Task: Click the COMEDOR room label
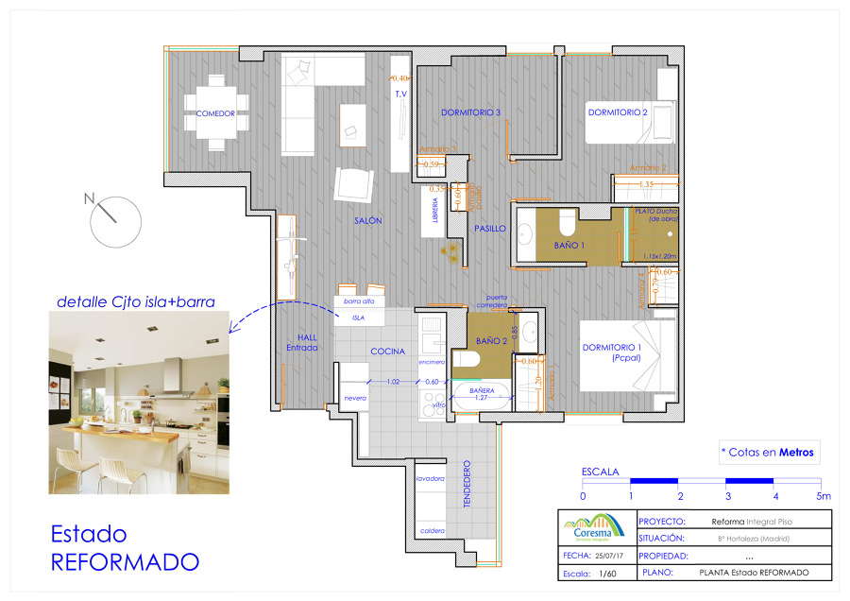coord(215,113)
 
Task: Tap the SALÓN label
coord(367,220)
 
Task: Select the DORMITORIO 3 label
coord(470,112)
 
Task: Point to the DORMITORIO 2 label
coord(618,112)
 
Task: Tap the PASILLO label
coord(489,229)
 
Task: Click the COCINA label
coord(387,352)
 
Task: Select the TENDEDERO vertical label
coord(467,486)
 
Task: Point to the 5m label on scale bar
coord(824,496)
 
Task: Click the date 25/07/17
coord(611,557)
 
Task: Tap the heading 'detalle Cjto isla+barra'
coord(136,302)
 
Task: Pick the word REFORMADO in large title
coord(125,562)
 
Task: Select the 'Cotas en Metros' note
coord(767,452)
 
